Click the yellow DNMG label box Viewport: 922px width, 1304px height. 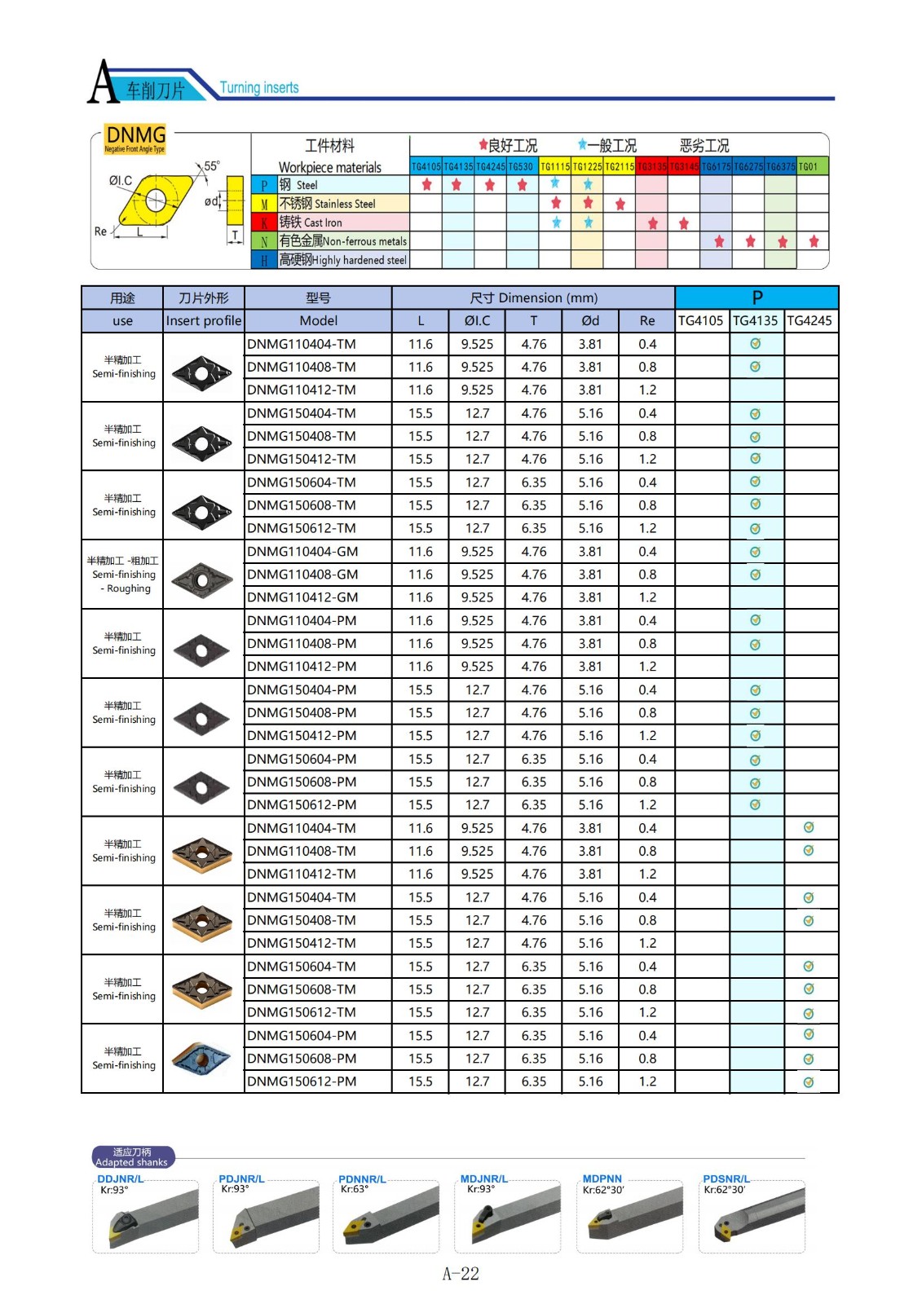[135, 137]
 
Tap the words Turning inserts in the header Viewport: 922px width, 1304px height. [259, 88]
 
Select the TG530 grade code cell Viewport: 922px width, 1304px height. [522, 166]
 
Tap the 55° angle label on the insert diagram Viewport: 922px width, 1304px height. [212, 166]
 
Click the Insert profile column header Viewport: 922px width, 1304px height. [204, 321]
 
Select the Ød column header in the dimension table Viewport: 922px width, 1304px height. [590, 321]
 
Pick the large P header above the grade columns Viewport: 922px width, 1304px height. [757, 297]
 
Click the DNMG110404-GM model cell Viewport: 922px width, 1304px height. [302, 552]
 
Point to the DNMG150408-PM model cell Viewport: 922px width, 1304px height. [302, 713]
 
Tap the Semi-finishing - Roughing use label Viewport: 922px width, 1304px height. [122, 575]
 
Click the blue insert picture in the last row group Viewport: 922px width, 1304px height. [202, 1059]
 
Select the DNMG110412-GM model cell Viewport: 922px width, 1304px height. [302, 597]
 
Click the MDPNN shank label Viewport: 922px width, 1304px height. [602, 1179]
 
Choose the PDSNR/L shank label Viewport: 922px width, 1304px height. [726, 1179]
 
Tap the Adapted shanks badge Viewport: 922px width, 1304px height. [132, 1157]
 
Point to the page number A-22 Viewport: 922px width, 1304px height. [461, 1274]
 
